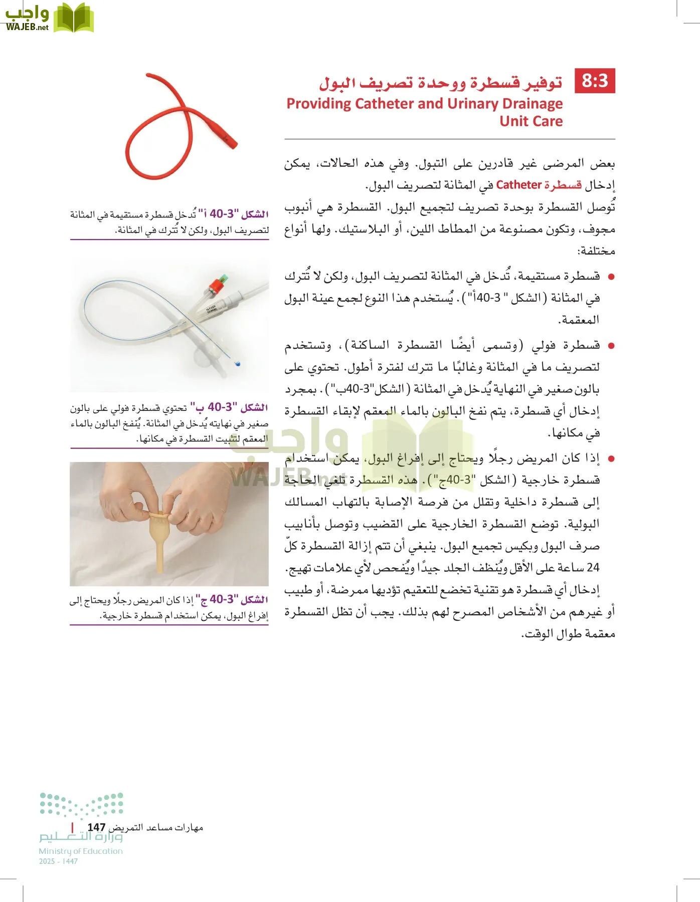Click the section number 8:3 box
click(595, 81)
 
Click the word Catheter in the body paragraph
click(518, 185)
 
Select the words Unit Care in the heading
click(531, 121)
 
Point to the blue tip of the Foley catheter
click(237, 364)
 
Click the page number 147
click(96, 827)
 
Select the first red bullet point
click(611, 277)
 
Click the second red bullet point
click(611, 346)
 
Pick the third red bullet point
click(611, 459)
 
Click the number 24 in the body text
click(593, 568)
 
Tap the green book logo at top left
click(74, 19)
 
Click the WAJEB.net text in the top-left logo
click(27, 27)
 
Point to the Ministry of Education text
click(81, 851)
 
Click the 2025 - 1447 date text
click(58, 861)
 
